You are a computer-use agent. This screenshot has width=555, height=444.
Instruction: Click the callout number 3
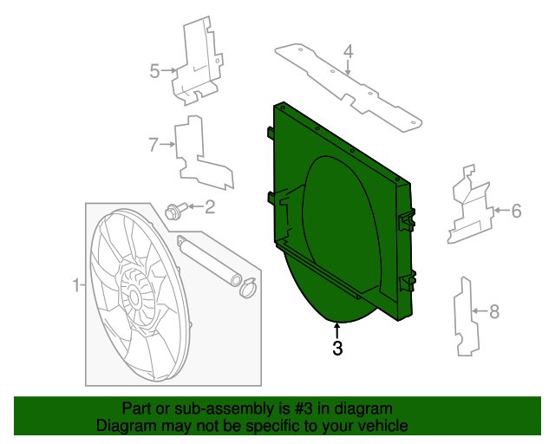click(x=337, y=349)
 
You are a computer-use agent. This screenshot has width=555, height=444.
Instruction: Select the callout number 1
click(x=75, y=284)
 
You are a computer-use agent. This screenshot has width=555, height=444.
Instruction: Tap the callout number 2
click(x=209, y=206)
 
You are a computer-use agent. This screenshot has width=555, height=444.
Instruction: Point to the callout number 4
click(x=348, y=54)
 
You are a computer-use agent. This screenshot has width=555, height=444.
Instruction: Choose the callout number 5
click(x=154, y=71)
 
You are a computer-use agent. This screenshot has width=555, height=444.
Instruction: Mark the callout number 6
click(x=515, y=210)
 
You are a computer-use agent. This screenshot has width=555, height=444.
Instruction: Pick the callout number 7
click(x=153, y=145)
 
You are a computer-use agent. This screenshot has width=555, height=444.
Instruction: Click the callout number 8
click(x=495, y=310)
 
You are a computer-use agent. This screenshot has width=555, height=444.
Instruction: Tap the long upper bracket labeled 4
click(x=347, y=84)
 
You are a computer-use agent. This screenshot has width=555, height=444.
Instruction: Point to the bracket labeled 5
click(x=197, y=61)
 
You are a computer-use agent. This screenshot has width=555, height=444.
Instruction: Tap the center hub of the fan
click(x=134, y=297)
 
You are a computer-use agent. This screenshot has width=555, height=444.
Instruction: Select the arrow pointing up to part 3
click(x=337, y=330)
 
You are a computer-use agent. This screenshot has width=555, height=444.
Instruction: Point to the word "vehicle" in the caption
click(x=382, y=426)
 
